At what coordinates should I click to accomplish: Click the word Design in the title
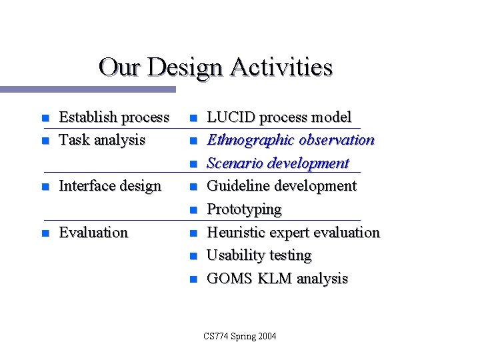(x=186, y=68)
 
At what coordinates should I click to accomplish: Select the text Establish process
(x=114, y=117)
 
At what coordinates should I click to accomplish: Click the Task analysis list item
(x=102, y=140)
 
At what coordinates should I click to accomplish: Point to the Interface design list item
(x=110, y=186)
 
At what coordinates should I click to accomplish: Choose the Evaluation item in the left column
(x=93, y=233)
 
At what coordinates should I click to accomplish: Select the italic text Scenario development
(x=278, y=163)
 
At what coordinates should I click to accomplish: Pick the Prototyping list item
(x=244, y=209)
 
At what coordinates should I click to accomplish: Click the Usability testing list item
(x=259, y=255)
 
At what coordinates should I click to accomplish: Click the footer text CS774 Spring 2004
(x=240, y=336)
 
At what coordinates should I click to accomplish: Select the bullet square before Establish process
(x=45, y=119)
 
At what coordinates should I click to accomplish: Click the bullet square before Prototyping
(x=193, y=211)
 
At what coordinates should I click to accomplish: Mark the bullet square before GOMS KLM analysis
(x=193, y=280)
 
